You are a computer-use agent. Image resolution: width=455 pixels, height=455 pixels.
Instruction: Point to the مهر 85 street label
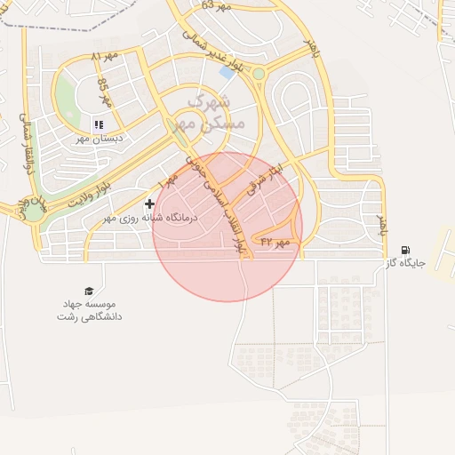(105, 93)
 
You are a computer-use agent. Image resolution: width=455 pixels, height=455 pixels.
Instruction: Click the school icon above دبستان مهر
(98, 124)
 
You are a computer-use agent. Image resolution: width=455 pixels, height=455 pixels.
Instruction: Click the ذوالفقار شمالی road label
(25, 142)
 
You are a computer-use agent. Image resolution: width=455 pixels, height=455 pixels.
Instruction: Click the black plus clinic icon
(149, 204)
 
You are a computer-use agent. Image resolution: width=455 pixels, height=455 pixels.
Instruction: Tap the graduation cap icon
(88, 291)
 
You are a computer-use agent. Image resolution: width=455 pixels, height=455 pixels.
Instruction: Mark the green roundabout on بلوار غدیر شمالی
(258, 74)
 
